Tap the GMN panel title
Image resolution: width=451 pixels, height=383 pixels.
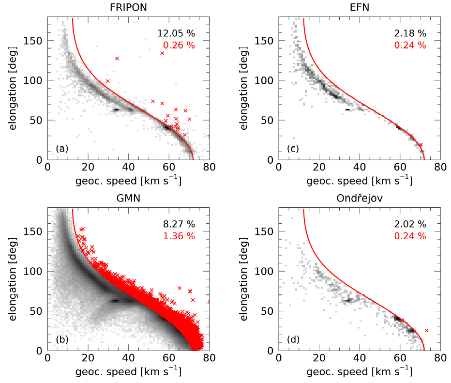click(x=128, y=198)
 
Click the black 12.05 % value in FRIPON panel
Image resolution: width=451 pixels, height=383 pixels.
click(x=176, y=33)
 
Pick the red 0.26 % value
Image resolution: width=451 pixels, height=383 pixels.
click(x=179, y=45)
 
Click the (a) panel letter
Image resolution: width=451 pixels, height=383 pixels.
click(x=62, y=149)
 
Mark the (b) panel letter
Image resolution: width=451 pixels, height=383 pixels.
click(x=62, y=339)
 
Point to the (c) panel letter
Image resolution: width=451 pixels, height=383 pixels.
click(x=293, y=149)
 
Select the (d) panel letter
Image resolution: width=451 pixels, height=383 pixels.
click(x=293, y=339)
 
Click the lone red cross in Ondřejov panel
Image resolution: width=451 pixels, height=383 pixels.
click(x=426, y=331)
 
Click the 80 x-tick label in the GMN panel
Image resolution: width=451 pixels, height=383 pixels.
click(x=209, y=359)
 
